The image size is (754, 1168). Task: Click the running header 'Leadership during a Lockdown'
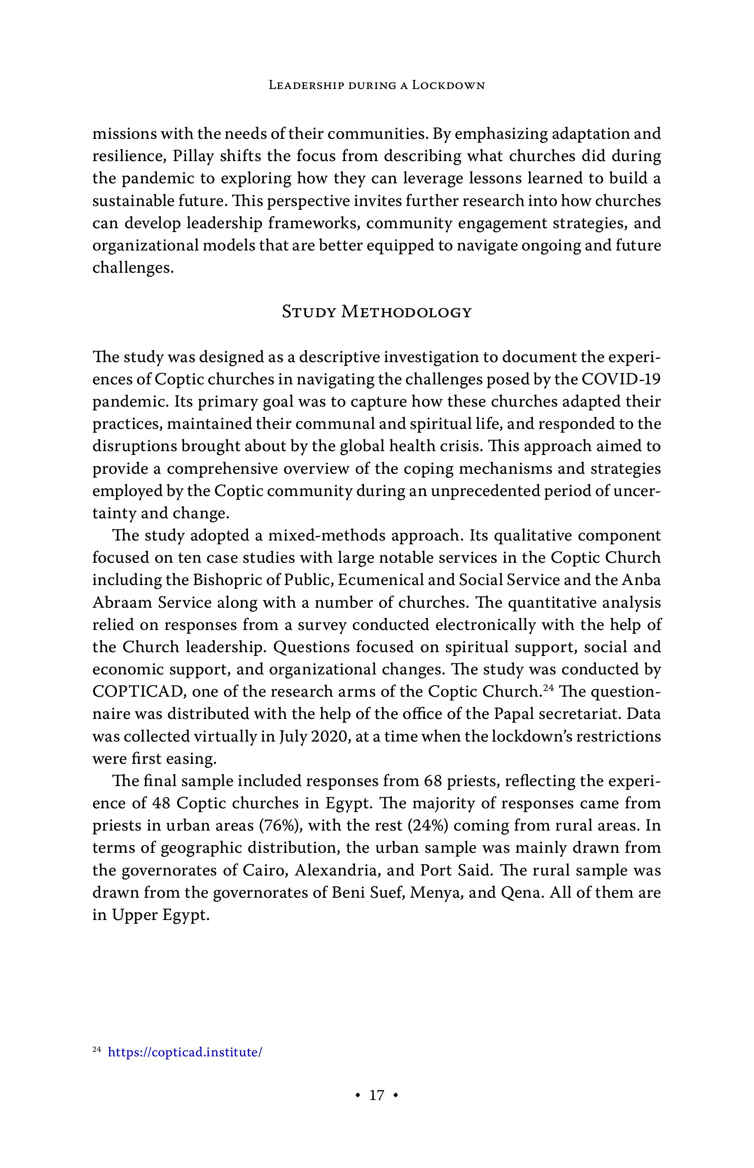coord(376,85)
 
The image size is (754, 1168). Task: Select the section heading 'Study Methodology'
coord(376,312)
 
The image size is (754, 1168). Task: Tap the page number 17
coord(376,1095)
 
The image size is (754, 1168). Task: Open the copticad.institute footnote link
coord(184,1052)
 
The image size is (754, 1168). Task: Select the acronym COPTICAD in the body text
coord(138,691)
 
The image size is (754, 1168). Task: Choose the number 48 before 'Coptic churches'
coord(161,803)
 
